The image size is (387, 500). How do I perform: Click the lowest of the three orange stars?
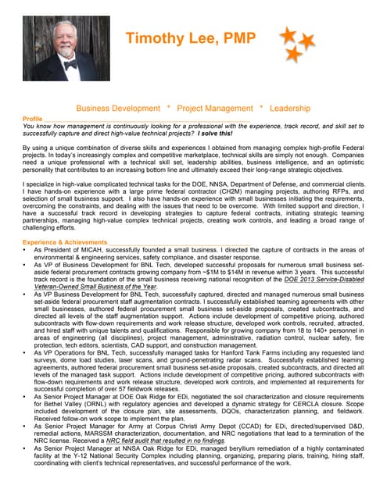[294, 54]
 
